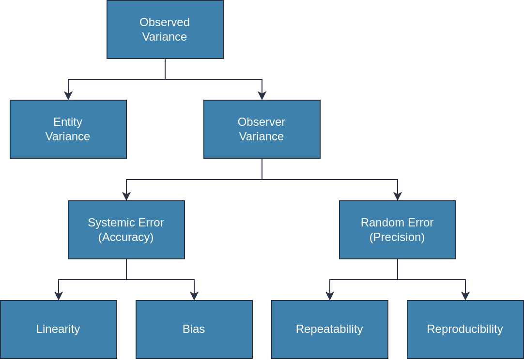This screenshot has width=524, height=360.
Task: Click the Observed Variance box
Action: click(165, 30)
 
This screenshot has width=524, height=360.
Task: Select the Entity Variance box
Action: click(68, 129)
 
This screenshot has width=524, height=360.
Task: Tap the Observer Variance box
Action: click(262, 129)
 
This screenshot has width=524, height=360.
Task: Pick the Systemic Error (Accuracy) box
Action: click(126, 230)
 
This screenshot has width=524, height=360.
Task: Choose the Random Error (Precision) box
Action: click(398, 230)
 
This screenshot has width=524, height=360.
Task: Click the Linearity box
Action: click(59, 330)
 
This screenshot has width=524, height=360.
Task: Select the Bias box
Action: click(194, 330)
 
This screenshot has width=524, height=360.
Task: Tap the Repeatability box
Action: click(330, 330)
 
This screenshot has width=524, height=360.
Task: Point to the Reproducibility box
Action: click(465, 330)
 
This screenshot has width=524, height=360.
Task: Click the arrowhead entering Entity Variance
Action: click(68, 95)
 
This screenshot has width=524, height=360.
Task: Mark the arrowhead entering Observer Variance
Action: click(262, 95)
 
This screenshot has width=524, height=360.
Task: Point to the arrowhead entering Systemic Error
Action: click(126, 196)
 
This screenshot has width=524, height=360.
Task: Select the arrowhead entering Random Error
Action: click(398, 196)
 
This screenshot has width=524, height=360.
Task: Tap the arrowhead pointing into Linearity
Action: click(59, 296)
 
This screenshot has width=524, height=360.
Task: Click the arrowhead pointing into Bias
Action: click(194, 296)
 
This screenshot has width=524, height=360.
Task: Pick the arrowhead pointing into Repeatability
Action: click(330, 296)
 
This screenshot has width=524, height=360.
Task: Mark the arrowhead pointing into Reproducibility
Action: click(465, 296)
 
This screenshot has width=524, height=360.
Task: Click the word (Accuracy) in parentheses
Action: click(126, 237)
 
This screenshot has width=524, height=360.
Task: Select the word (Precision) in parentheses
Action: click(397, 237)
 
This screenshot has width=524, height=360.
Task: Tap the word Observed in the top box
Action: click(165, 22)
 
